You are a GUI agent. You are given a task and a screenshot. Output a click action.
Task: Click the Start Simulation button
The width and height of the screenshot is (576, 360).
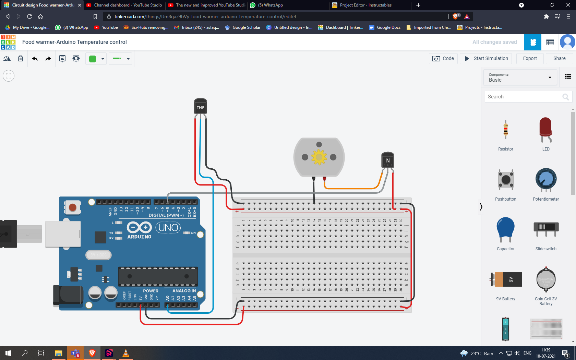click(486, 58)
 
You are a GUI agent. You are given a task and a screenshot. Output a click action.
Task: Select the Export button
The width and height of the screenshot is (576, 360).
click(530, 58)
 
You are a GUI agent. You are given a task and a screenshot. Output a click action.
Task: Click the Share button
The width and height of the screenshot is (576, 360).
click(559, 58)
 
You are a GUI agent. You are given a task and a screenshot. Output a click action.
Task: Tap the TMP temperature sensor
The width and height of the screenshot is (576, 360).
click(201, 107)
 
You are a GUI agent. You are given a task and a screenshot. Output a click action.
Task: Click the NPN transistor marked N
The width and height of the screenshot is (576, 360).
click(388, 160)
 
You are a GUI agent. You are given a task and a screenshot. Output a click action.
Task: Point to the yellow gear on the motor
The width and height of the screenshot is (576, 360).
click(319, 157)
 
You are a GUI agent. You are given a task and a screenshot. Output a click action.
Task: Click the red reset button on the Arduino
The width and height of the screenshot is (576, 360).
click(72, 207)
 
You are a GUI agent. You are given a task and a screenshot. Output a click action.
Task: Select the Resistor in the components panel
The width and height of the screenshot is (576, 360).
click(506, 130)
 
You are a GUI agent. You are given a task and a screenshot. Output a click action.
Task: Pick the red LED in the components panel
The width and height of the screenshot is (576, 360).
click(545, 130)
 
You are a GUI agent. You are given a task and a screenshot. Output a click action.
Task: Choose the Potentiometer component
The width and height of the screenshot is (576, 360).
click(546, 179)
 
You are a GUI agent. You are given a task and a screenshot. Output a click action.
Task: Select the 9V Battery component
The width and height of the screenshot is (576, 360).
click(506, 279)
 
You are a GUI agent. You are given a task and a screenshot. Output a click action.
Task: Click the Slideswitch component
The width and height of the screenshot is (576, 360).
click(546, 229)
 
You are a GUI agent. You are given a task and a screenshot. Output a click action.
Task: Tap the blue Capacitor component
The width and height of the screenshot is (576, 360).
click(506, 229)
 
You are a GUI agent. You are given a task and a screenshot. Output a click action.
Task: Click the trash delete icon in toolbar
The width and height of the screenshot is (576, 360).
click(21, 59)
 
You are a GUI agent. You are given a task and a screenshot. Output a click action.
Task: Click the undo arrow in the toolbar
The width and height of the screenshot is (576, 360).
click(35, 59)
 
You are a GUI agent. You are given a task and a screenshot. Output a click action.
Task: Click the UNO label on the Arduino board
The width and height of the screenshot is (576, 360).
click(168, 227)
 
